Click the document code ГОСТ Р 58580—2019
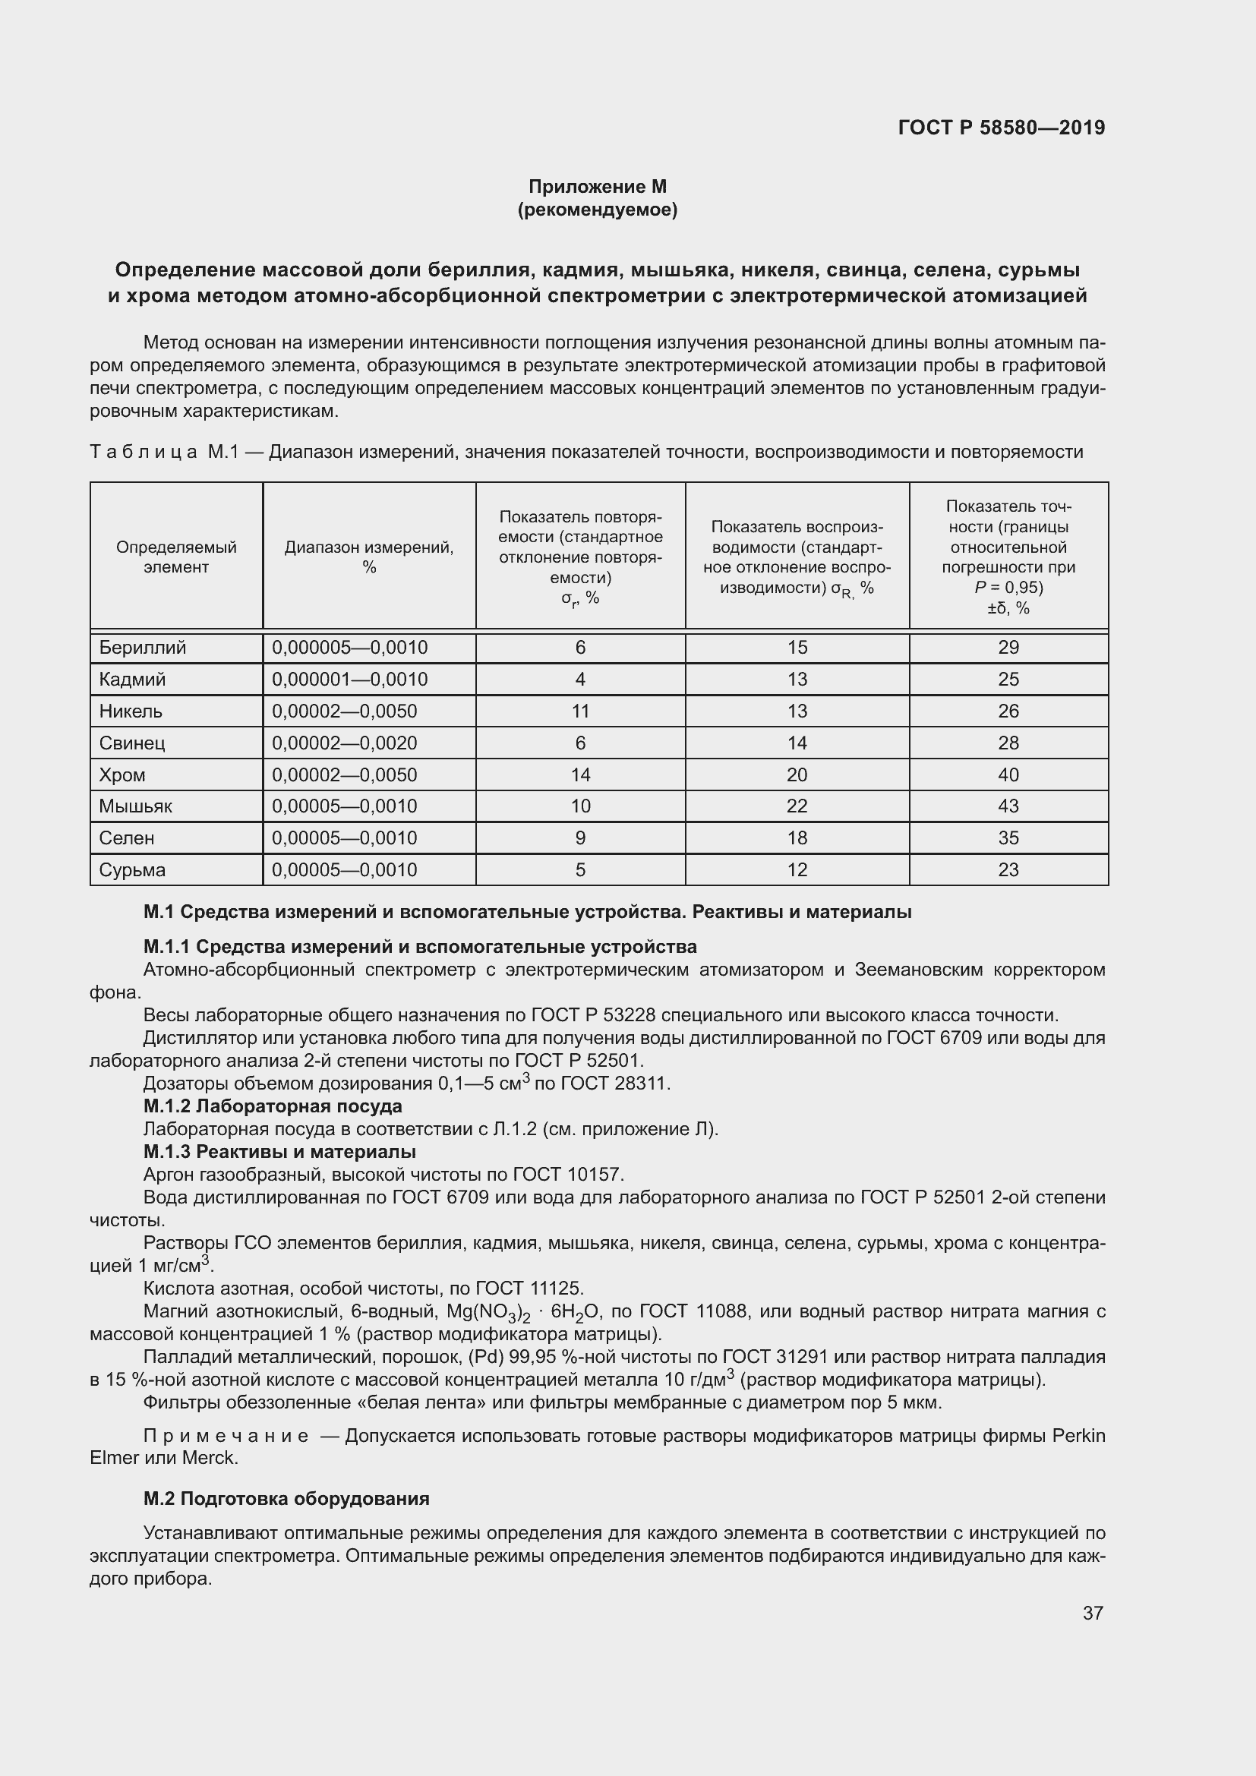coord(1001,128)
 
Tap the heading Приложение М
coord(597,187)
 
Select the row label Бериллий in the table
coord(142,648)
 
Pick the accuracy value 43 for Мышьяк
coord(1008,806)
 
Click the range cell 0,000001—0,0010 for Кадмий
coord(349,679)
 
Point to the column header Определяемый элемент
coord(176,557)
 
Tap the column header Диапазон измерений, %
coord(369,557)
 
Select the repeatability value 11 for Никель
coord(580,711)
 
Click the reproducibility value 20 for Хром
coord(797,774)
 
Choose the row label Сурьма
coord(132,869)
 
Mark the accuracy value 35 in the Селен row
coord(1008,838)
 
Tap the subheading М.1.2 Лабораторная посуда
coord(273,1106)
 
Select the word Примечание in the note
coord(226,1437)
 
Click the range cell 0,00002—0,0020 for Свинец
coord(344,743)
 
